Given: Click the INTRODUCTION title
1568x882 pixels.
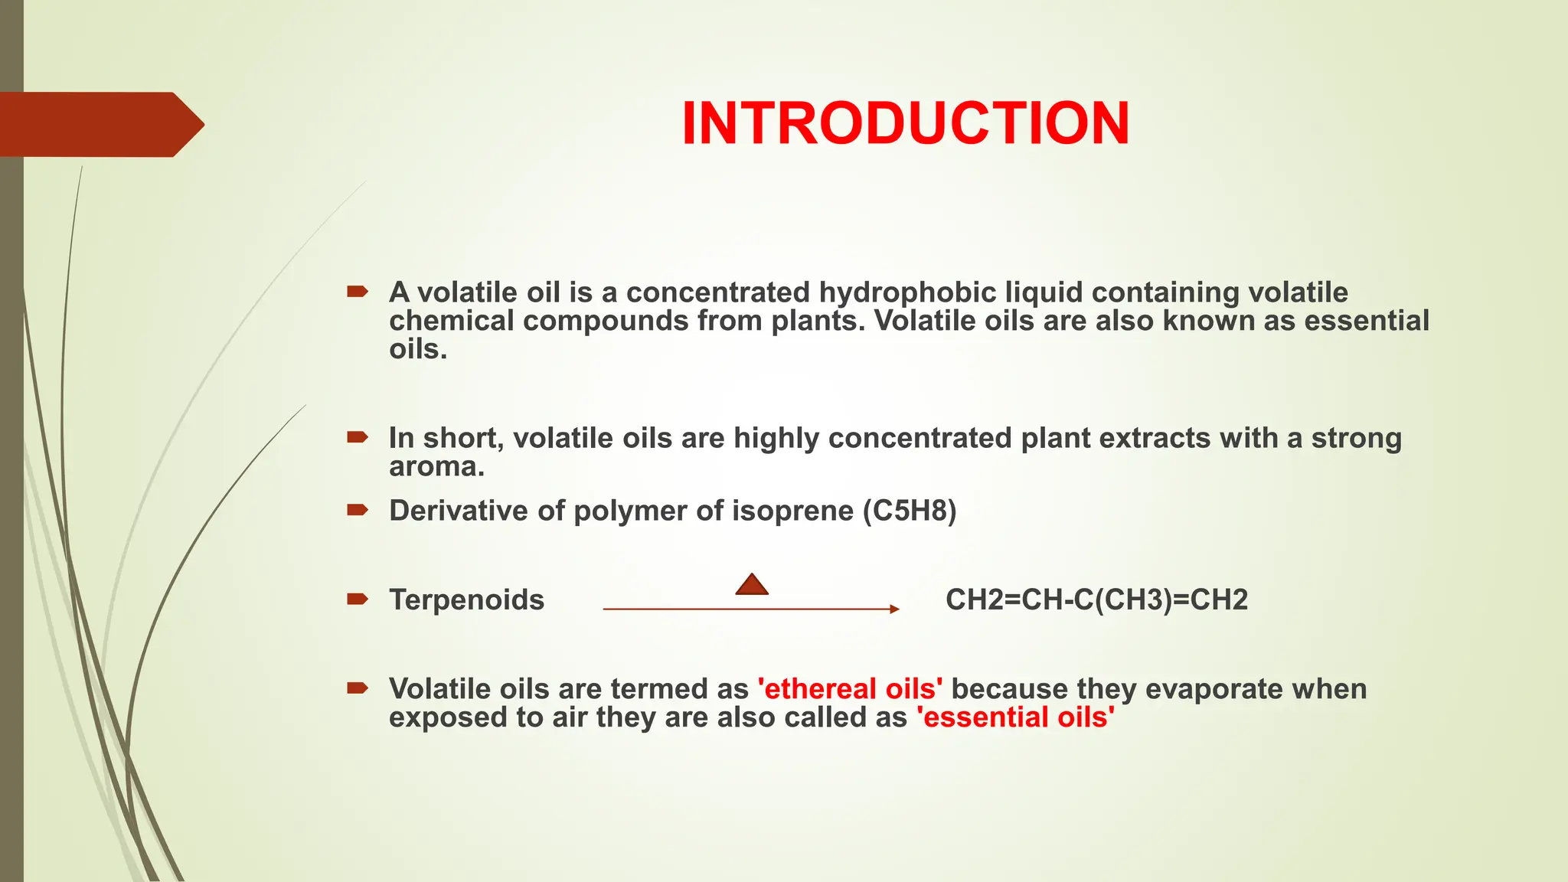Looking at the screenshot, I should tap(905, 123).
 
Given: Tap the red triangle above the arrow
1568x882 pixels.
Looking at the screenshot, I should tap(752, 586).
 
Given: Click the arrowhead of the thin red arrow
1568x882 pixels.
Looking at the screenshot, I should tap(894, 609).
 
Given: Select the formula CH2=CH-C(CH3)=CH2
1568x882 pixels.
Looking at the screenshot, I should tap(1096, 599).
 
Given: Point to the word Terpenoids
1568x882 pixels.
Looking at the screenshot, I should tap(466, 599).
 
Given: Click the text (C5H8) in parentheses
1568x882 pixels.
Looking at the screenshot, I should tap(910, 511).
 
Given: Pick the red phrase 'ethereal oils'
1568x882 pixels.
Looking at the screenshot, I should tap(850, 689).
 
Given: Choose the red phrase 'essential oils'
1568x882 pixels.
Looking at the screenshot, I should tap(1015, 717).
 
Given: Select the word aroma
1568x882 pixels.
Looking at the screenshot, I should tap(436, 466).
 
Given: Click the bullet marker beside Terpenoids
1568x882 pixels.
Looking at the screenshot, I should tap(357, 599).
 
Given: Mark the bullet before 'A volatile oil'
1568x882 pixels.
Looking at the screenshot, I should tap(357, 291).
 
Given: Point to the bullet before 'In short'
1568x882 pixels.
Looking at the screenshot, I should tap(357, 437).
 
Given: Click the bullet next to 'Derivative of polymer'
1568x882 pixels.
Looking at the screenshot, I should tap(357, 510).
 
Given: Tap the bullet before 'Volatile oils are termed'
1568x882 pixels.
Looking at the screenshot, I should tap(357, 688).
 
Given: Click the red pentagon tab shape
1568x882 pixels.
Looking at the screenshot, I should tap(100, 124).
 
